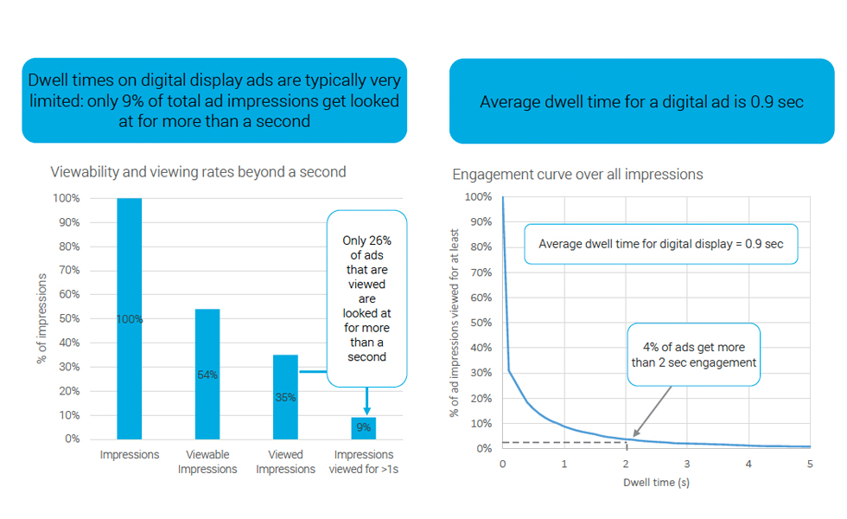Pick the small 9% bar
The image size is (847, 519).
point(364,428)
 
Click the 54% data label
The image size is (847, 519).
point(207,375)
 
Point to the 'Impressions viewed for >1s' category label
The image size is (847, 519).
point(364,462)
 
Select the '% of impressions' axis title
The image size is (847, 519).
point(41,318)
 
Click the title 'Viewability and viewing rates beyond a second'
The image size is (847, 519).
point(198,172)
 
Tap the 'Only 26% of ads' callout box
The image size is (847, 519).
point(366,298)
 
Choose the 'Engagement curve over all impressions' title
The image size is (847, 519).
point(577,175)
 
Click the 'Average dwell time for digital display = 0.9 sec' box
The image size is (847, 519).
point(660,244)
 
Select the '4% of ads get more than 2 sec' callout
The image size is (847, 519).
point(694,356)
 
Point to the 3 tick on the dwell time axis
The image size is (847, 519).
point(687,464)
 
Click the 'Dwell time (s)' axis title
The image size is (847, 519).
point(656,482)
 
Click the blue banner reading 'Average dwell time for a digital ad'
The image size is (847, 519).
point(641,102)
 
